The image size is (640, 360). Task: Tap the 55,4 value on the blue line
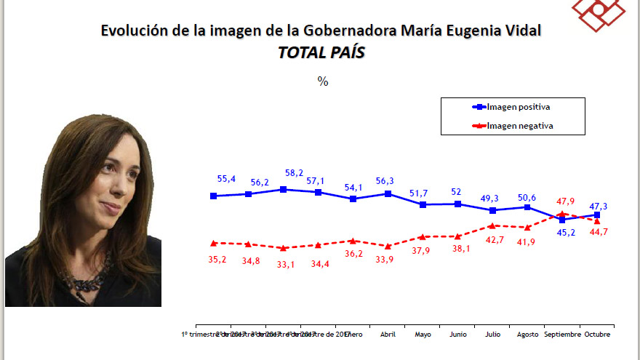[x=227, y=178]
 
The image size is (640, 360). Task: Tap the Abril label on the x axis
[x=388, y=335]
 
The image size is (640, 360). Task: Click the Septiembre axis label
[x=562, y=335]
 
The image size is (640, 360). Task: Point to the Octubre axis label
[x=596, y=335]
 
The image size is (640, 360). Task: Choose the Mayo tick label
[x=423, y=335]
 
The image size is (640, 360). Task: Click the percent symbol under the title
[x=323, y=81]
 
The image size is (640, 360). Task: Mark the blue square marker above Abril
[x=388, y=194]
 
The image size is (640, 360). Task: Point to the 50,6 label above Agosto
[x=527, y=196]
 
